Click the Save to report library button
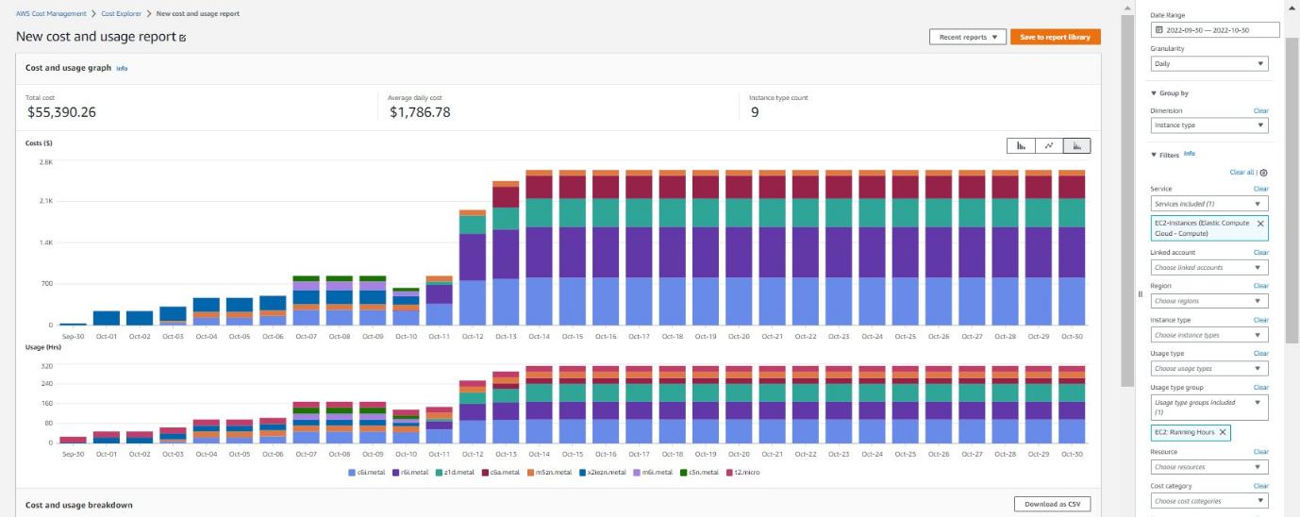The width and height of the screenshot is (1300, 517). (x=1055, y=37)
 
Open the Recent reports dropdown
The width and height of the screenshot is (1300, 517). (x=968, y=37)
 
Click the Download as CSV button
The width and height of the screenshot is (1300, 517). (x=1052, y=504)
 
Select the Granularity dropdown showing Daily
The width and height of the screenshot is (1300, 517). (x=1208, y=64)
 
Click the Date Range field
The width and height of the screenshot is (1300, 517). (x=1215, y=30)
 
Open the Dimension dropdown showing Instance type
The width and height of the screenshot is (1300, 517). (x=1208, y=125)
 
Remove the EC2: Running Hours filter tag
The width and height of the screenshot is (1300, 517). (x=1223, y=432)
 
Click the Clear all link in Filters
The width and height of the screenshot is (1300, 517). (x=1242, y=173)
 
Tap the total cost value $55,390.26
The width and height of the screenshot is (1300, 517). (x=61, y=112)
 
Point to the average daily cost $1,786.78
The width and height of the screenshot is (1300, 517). (x=420, y=112)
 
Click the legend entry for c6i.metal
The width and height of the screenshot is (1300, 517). (x=366, y=473)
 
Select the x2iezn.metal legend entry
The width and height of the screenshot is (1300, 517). (x=603, y=473)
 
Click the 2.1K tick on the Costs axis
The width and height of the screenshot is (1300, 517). (x=46, y=201)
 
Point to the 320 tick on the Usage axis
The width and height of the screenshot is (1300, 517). (x=47, y=366)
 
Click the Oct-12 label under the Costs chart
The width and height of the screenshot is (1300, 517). (x=473, y=337)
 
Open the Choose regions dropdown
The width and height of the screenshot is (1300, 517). (x=1208, y=301)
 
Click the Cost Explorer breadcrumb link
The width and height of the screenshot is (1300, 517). (x=122, y=13)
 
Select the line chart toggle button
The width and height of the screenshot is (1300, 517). (x=1049, y=145)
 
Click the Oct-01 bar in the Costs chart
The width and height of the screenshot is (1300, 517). (x=107, y=318)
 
